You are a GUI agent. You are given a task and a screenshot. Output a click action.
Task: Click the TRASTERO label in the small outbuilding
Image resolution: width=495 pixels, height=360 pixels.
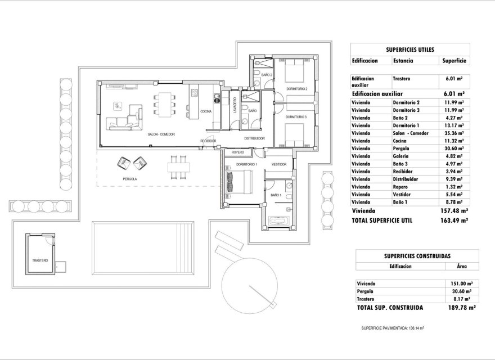(x=40, y=260)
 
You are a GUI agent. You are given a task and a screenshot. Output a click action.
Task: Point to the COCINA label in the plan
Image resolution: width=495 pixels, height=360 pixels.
(x=205, y=111)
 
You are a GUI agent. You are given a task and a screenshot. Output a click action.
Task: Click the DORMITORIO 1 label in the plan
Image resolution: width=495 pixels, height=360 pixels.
(x=246, y=164)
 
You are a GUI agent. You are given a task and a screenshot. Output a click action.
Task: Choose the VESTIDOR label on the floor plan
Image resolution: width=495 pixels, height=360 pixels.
(x=279, y=164)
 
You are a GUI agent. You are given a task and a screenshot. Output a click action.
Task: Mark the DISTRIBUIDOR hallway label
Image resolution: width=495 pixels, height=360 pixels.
(x=254, y=138)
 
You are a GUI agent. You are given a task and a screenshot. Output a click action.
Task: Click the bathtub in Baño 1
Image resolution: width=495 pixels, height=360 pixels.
(x=280, y=221)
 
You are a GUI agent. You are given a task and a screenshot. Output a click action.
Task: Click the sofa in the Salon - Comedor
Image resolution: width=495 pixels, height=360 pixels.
(x=124, y=116)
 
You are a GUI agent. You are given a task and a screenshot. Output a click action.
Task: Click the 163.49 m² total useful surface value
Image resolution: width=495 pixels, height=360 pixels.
(x=456, y=221)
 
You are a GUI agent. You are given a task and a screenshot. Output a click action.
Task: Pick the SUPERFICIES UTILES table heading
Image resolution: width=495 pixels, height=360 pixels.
(x=409, y=49)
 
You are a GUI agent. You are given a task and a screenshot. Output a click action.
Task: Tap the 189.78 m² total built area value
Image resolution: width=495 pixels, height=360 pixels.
(x=464, y=308)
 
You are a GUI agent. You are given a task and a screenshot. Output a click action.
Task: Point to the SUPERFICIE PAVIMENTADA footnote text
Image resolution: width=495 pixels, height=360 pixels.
(x=392, y=327)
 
